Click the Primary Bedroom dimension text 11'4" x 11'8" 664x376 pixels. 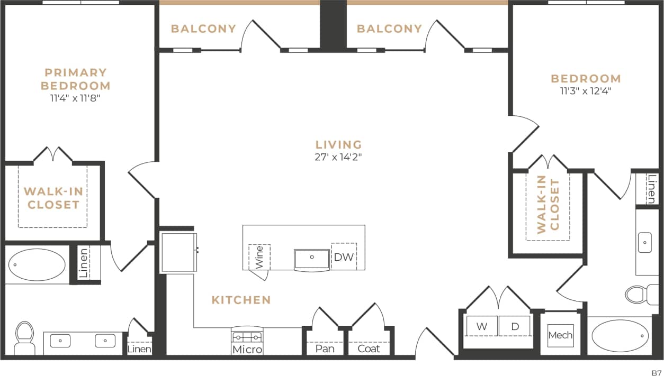tap(76, 97)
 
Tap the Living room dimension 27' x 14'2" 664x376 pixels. tap(338, 157)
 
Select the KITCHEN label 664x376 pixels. tap(241, 300)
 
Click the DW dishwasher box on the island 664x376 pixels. tap(344, 257)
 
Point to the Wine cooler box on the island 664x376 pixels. tap(259, 257)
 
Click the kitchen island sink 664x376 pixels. tap(312, 259)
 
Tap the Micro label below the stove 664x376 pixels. tap(247, 350)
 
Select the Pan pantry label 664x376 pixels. tap(324, 349)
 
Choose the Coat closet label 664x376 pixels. tap(369, 349)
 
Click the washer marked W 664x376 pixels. tap(481, 326)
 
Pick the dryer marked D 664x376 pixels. tap(515, 326)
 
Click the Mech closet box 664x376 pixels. tap(560, 335)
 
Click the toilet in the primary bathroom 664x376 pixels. tap(24, 337)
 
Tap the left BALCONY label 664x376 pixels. tap(203, 29)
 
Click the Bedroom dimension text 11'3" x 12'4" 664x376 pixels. tap(585, 90)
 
